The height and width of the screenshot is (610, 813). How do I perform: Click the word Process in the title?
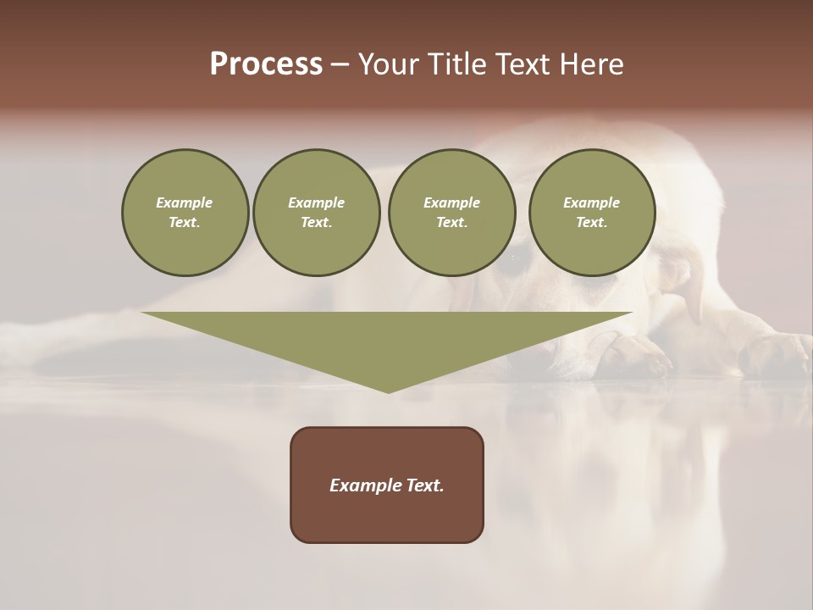click(266, 64)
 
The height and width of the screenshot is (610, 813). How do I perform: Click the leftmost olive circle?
click(185, 212)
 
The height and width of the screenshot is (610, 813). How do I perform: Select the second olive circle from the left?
click(316, 212)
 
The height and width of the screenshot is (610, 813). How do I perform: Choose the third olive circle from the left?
click(451, 212)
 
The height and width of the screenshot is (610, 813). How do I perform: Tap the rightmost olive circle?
click(591, 212)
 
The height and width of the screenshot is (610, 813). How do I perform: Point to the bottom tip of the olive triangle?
click(388, 391)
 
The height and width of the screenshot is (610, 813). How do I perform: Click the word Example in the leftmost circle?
click(185, 202)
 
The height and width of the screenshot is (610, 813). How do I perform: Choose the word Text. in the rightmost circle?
click(591, 222)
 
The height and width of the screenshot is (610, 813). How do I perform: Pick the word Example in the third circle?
click(451, 202)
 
